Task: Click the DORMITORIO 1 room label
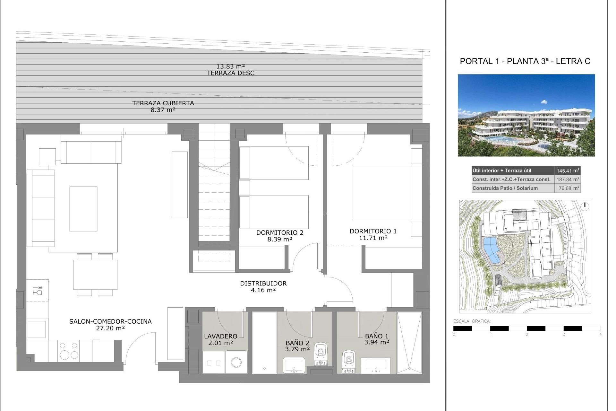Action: (373, 231)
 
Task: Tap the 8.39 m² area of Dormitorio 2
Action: (279, 240)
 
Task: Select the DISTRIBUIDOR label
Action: (263, 284)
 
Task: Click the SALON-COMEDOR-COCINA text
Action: (110, 321)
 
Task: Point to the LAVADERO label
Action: (221, 336)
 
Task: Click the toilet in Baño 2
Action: (321, 354)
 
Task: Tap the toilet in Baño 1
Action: (348, 361)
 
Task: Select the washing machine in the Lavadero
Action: (236, 363)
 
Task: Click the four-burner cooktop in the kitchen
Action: (69, 350)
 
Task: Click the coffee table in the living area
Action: (83, 209)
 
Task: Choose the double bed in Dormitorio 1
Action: (382, 192)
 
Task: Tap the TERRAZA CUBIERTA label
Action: (163, 103)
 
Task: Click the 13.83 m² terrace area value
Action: (230, 66)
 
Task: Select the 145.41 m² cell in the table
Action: (567, 171)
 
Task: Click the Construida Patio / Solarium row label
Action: (505, 188)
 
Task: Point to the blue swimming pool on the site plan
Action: (490, 250)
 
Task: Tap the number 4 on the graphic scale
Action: (600, 335)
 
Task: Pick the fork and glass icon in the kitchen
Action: (37, 291)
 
